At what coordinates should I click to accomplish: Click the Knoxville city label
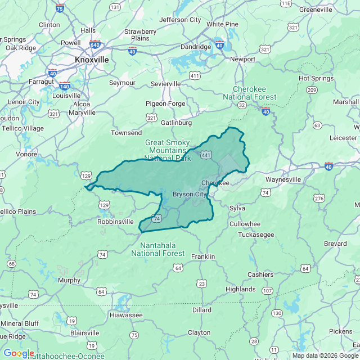coord(92,59)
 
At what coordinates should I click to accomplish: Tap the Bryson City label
coord(190,194)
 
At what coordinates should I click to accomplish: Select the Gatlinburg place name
coord(176,123)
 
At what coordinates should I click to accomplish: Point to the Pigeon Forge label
coord(165,103)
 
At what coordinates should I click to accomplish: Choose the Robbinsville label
coord(115,222)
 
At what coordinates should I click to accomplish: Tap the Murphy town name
coord(69,280)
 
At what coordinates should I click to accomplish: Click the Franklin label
coord(203,256)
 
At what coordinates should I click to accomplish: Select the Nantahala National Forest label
coord(157,249)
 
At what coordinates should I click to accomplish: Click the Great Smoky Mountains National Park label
coord(168,150)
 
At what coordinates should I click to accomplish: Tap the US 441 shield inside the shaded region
coord(206,155)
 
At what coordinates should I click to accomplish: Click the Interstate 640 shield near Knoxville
coord(94,44)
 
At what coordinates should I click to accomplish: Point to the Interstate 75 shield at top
coord(60,8)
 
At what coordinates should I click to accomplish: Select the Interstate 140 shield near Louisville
coord(65,87)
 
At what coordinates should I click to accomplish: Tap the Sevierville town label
coord(166,84)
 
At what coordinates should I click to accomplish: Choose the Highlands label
coord(240,289)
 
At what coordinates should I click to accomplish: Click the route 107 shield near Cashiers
coord(267,290)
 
